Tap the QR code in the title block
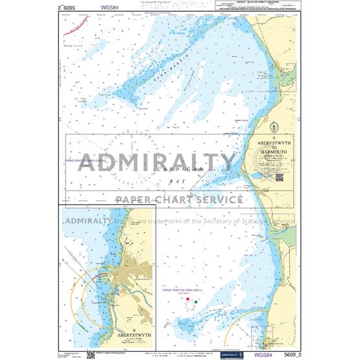click(x=279, y=176)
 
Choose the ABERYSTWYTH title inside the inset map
click(x=108, y=336)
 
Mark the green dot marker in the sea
click(x=196, y=303)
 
